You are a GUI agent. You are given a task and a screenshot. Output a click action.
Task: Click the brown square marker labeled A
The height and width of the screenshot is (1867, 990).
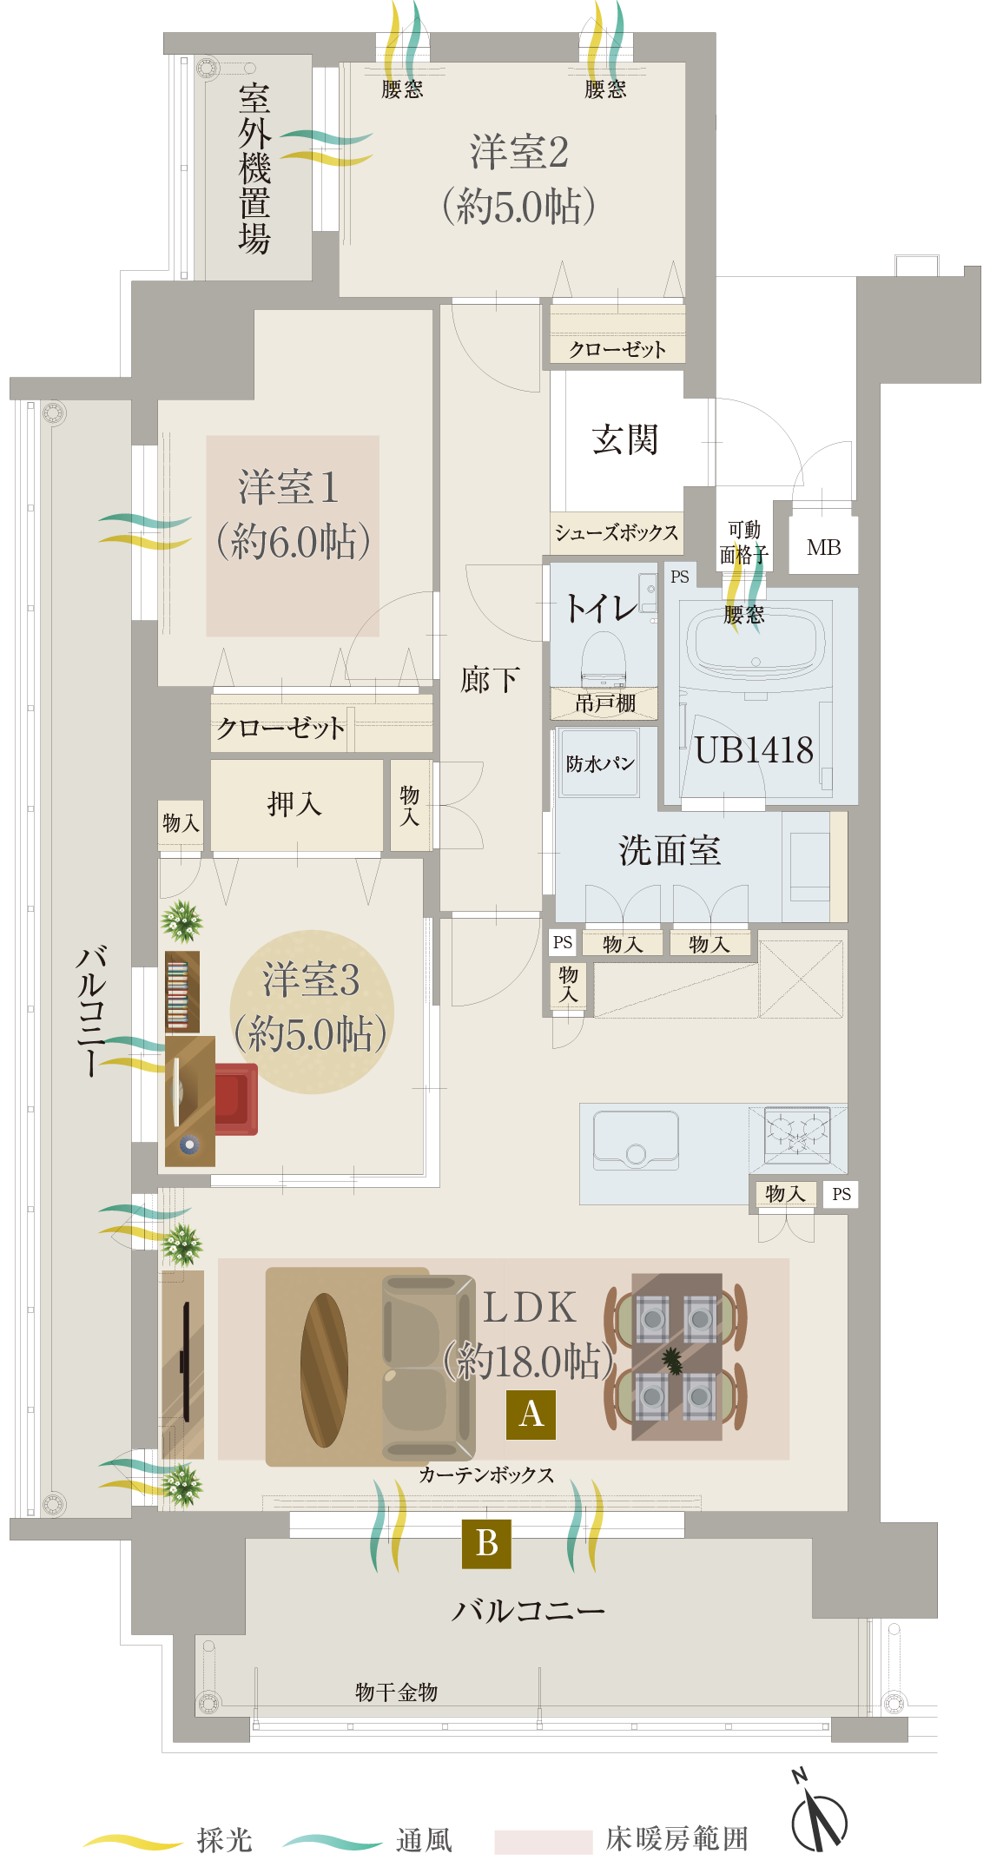(531, 1415)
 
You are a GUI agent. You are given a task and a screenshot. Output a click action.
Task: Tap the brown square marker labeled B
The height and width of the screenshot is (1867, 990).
(486, 1543)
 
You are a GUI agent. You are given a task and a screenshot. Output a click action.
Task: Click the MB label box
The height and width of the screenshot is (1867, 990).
(823, 547)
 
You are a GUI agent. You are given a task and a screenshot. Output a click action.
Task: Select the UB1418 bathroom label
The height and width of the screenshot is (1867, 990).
(754, 750)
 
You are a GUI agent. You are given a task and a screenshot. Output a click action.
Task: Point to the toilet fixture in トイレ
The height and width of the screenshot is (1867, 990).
(604, 660)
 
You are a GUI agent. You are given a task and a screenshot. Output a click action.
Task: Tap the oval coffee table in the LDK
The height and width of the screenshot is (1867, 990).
(324, 1369)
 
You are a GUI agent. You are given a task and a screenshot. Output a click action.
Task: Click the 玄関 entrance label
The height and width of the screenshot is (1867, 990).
(625, 439)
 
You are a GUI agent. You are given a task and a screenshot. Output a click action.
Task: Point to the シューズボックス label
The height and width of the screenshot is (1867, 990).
(617, 532)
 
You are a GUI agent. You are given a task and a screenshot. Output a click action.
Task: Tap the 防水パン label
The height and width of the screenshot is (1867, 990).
(600, 763)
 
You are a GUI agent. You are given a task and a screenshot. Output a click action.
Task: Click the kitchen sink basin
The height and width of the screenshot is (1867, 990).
(636, 1140)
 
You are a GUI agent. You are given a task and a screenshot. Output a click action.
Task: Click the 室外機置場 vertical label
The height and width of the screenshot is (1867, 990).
(254, 168)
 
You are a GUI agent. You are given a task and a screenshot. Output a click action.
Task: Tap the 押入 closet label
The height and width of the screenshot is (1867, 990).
(294, 804)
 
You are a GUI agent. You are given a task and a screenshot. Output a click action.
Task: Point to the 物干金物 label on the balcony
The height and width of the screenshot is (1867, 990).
(396, 1692)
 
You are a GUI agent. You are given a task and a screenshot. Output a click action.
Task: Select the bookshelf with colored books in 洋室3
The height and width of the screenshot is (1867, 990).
(182, 991)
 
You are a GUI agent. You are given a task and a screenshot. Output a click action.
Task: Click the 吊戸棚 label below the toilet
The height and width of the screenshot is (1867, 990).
(605, 703)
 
